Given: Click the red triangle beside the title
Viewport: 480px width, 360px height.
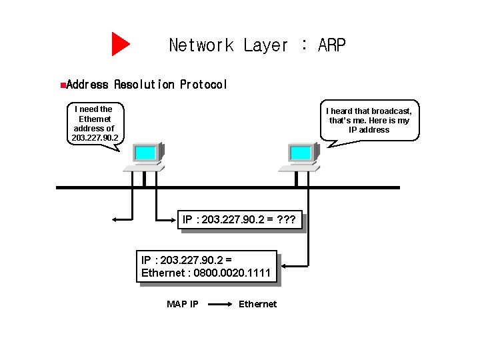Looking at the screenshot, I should pos(120,44).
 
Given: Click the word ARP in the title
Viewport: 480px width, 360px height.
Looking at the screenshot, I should pos(332,45).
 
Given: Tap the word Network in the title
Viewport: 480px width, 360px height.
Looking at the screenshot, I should pos(201,45).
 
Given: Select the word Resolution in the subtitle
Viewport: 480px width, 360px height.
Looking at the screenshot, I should pos(144,85).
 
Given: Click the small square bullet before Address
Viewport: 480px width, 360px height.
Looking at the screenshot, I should pos(62,85).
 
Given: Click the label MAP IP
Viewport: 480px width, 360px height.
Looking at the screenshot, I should pos(182,304).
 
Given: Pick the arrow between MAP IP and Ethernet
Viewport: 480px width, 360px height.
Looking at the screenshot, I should pos(219,305).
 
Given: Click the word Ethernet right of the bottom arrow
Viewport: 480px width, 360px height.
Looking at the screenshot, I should pos(257,304).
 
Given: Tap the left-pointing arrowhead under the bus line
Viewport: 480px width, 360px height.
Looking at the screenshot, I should pos(115,219).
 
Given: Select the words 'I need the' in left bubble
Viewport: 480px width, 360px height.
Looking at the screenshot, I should pos(93,109).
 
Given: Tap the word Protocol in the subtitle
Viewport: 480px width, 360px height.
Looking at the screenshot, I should pos(203,85).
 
